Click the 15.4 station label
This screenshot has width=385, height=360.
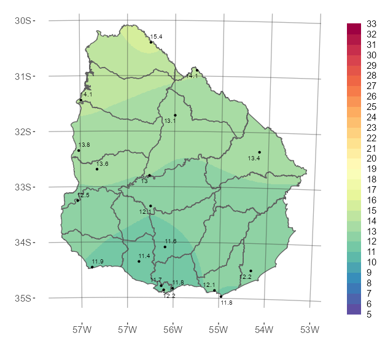tap(156, 37)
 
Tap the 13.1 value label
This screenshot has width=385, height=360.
tap(170, 121)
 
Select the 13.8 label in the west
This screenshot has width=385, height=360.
tap(84, 144)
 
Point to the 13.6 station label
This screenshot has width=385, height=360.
tap(102, 164)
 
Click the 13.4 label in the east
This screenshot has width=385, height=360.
tap(254, 158)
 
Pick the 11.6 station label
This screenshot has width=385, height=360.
tap(171, 241)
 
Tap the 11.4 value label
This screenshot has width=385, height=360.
tap(144, 256)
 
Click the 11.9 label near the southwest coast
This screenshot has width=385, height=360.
tap(98, 262)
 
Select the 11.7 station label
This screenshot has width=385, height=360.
tap(156, 280)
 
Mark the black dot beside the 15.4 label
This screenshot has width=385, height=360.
tap(150, 42)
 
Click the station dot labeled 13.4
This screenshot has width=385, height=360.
tap(260, 152)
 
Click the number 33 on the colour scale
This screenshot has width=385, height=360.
tap(371, 24)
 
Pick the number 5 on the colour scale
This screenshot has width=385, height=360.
tap(369, 314)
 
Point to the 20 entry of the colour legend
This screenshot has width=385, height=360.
tap(371, 158)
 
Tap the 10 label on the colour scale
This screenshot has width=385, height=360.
tap(371, 262)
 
